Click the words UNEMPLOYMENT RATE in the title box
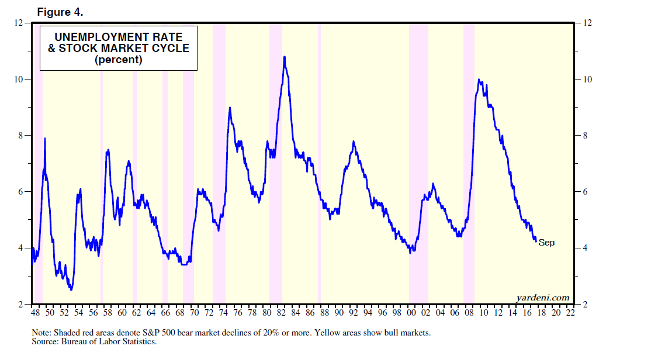[119, 37]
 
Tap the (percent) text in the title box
[119, 60]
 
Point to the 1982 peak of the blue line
[284, 57]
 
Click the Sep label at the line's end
[546, 243]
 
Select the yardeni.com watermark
[543, 298]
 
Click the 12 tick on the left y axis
[19, 23]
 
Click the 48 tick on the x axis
[35, 313]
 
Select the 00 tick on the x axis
[411, 313]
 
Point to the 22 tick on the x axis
[570, 313]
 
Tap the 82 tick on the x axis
[281, 313]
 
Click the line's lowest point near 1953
[71, 289]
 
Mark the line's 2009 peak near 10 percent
[479, 80]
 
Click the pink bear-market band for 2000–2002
[418, 164]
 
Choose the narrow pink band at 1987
[319, 164]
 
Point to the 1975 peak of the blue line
[230, 108]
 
